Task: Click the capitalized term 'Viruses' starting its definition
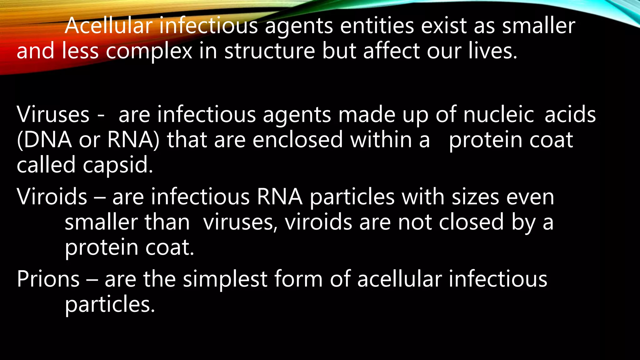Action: [x=53, y=115]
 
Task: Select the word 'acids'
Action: [x=570, y=115]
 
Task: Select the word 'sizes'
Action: [x=475, y=197]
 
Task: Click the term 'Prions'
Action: [x=48, y=279]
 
